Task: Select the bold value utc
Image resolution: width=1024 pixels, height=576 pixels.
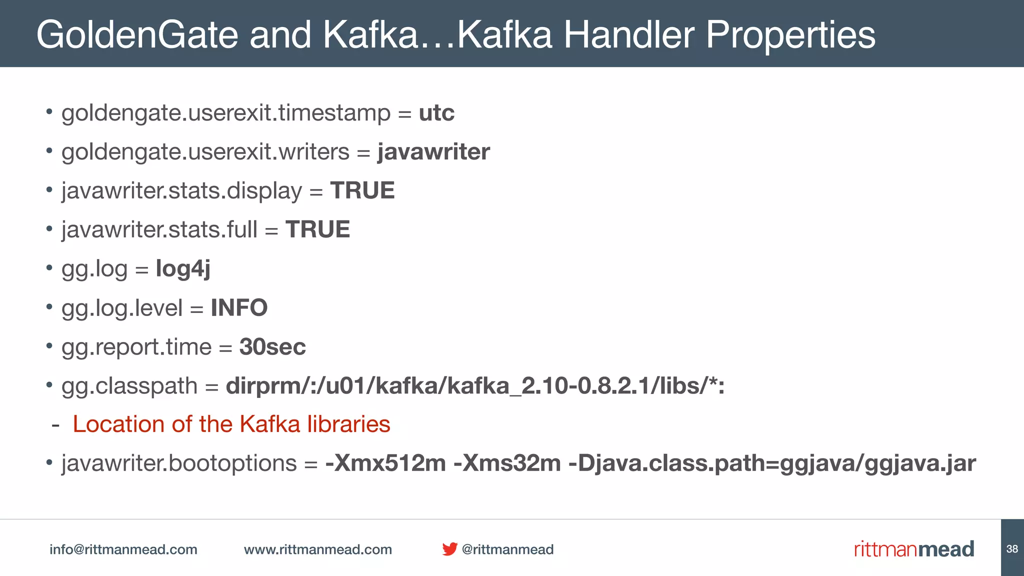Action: [436, 112]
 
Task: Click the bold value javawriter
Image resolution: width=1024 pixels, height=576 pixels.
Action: [433, 151]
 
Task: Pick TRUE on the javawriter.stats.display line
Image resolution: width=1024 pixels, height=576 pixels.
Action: [362, 190]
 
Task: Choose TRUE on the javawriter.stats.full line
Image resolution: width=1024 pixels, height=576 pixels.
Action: [317, 229]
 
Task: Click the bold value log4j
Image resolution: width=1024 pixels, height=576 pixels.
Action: [183, 268]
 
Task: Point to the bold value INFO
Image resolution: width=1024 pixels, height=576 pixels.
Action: [239, 307]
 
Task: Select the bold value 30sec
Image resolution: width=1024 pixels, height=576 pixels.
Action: [272, 346]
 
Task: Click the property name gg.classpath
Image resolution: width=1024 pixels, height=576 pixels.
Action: [129, 386]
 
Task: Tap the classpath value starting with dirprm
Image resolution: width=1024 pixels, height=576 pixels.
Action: [475, 386]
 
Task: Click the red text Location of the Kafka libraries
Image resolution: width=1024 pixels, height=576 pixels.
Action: [231, 424]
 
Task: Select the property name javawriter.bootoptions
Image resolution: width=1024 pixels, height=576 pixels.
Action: [179, 463]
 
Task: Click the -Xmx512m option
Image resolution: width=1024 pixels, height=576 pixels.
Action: [385, 463]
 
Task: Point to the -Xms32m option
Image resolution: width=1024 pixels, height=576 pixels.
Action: [507, 463]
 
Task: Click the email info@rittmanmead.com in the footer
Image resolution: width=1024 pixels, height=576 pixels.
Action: [123, 549]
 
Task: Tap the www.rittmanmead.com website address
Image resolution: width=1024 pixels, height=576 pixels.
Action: [317, 549]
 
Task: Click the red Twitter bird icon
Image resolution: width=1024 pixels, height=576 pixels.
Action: [449, 549]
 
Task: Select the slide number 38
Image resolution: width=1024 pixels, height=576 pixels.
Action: [1012, 548]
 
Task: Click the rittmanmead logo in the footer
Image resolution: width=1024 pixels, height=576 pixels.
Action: [913, 549]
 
